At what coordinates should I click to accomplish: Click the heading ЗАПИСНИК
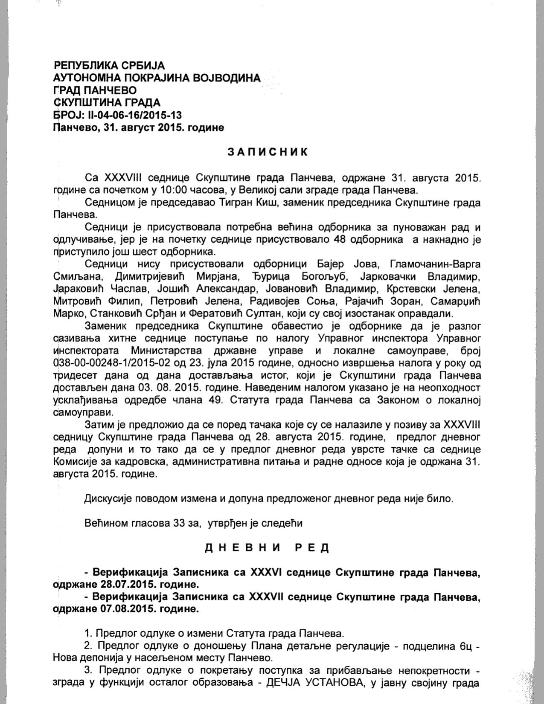267,152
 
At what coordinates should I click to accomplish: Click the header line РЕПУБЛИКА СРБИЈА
109,65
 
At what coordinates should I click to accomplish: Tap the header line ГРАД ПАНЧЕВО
95,90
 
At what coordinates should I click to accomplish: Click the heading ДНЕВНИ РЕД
267,548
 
